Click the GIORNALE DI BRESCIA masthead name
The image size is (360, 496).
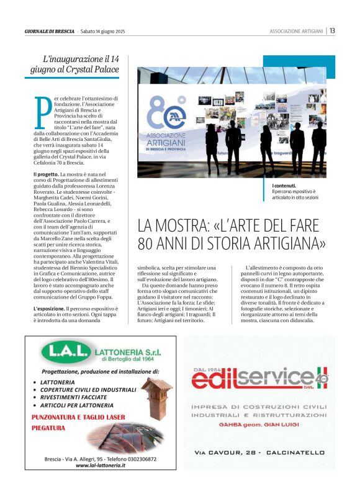pos(50,31)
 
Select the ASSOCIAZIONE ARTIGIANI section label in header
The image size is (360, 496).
pos(296,31)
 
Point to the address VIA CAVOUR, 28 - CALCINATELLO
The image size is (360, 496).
pos(259,453)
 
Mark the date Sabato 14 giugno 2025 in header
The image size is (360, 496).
pos(103,31)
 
